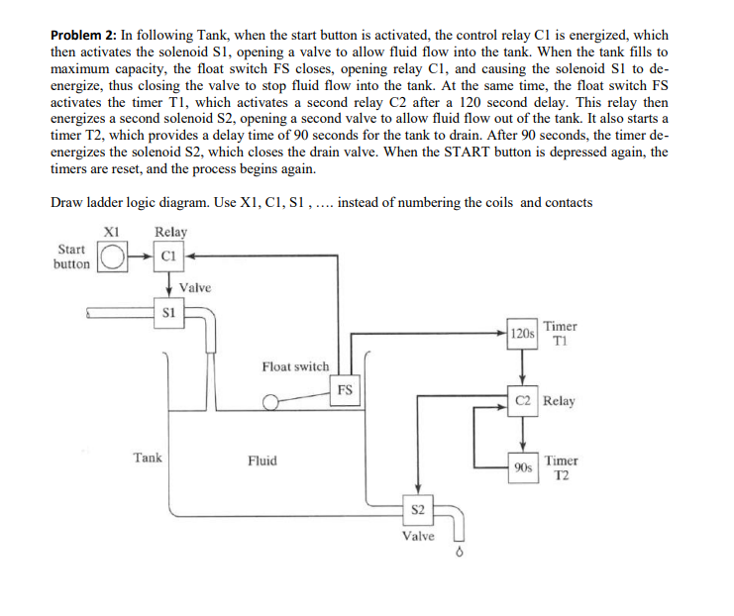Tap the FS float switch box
pyautogui.click(x=343, y=389)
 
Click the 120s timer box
pyautogui.click(x=522, y=333)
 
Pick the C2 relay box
pyautogui.click(x=524, y=402)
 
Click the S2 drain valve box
pyautogui.click(x=417, y=510)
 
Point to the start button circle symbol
pyautogui.click(x=112, y=259)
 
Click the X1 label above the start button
pyautogui.click(x=112, y=232)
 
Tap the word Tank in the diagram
pyautogui.click(x=149, y=458)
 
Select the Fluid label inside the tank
pyautogui.click(x=262, y=461)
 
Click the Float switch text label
pyautogui.click(x=295, y=366)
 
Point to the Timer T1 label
pyautogui.click(x=561, y=333)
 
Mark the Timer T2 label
pyautogui.click(x=561, y=467)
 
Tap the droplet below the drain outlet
pyautogui.click(x=458, y=554)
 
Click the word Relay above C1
pyautogui.click(x=170, y=232)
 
